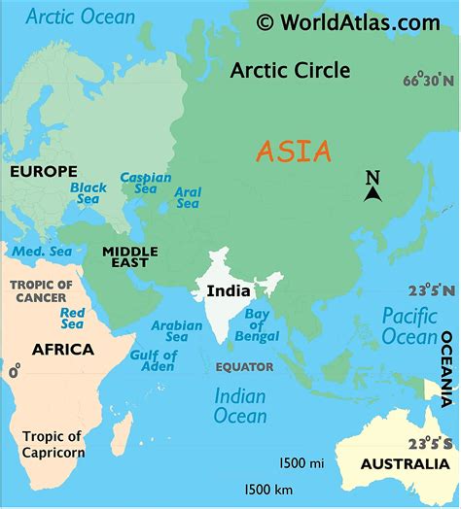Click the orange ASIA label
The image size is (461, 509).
294,152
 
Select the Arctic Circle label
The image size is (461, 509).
291,71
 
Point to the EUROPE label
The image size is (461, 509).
44,172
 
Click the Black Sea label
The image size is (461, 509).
89,193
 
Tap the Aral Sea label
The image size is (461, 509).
188,197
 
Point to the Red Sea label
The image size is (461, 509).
72,319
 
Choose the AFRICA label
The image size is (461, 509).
63,350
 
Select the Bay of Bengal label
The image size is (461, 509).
258,325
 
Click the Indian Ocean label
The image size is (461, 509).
240,406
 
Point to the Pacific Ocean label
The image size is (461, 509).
408,325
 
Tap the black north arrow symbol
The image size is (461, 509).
372,194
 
